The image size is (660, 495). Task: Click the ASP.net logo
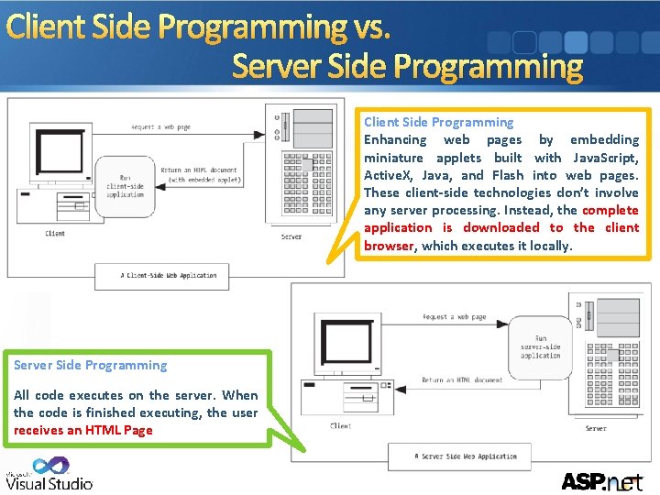tap(601, 479)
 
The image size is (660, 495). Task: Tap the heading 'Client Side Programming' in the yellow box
tap(438, 122)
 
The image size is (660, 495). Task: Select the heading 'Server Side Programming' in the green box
tap(90, 365)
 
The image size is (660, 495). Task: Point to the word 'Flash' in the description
tap(508, 175)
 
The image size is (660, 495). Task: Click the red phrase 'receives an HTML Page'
tap(83, 430)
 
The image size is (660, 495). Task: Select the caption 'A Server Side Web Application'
tap(466, 456)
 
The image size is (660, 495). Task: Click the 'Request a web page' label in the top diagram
tap(161, 127)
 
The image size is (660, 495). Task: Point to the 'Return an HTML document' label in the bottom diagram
tap(462, 379)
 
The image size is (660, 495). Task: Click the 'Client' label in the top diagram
tap(55, 234)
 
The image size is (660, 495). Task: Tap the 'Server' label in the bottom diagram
tap(596, 428)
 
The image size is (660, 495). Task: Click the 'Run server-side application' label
tap(541, 347)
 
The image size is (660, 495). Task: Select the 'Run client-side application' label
tap(126, 187)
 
